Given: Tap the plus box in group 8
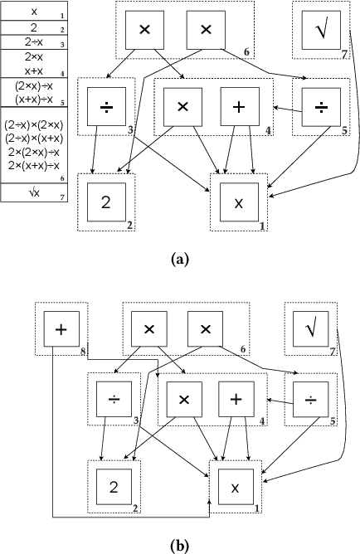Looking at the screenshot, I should pyautogui.click(x=60, y=329).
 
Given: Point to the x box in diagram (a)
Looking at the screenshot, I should pyautogui.click(x=240, y=202).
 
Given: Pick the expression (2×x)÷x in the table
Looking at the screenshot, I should pyautogui.click(x=34, y=85).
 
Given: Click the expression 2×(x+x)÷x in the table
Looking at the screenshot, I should pyautogui.click(x=34, y=165).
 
